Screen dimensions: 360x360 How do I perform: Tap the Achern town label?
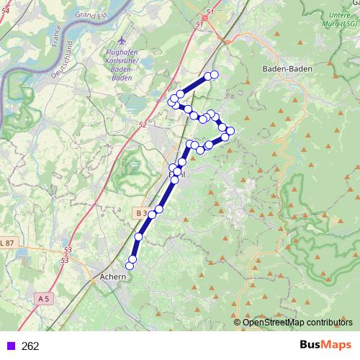pyautogui.click(x=114, y=276)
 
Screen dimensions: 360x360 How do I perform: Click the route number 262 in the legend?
pyautogui.click(x=30, y=346)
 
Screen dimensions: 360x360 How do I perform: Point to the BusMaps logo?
pyautogui.click(x=325, y=345)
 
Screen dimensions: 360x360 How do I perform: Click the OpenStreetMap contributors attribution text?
pyautogui.click(x=297, y=323)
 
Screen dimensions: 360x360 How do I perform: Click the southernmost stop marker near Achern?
pyautogui.click(x=130, y=266)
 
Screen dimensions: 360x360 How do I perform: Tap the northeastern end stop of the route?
pyautogui.click(x=214, y=75)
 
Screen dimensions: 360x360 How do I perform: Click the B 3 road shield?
pyautogui.click(x=141, y=213)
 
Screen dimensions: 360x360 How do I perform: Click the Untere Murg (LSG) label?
pyautogui.click(x=338, y=19)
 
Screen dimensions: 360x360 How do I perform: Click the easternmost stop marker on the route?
pyautogui.click(x=230, y=131)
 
